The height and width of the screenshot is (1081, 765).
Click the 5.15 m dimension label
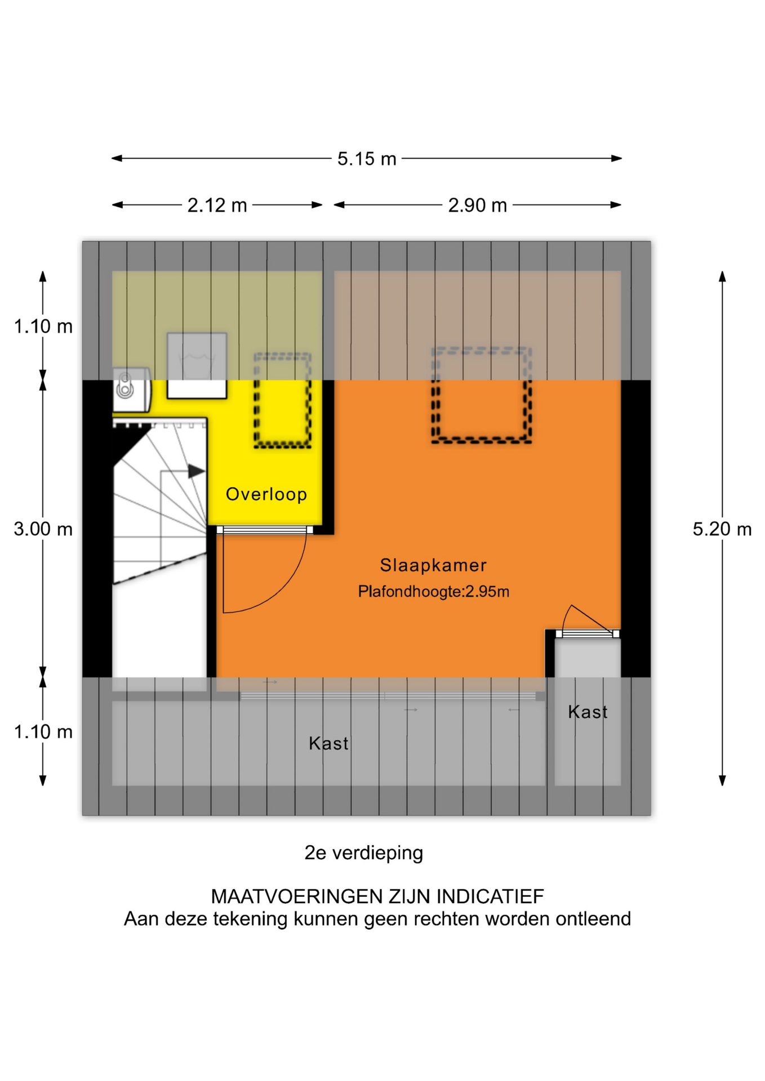click(x=367, y=159)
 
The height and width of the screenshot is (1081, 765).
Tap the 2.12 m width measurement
click(x=217, y=206)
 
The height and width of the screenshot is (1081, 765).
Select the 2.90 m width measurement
click(x=477, y=206)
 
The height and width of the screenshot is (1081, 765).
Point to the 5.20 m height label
click(x=722, y=529)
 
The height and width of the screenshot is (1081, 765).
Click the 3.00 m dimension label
click(x=43, y=529)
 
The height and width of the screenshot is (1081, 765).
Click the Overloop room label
click(x=266, y=494)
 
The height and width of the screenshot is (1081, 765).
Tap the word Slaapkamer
click(x=433, y=565)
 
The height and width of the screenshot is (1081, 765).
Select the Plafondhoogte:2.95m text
click(x=433, y=592)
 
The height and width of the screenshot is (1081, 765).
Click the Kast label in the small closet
click(x=588, y=712)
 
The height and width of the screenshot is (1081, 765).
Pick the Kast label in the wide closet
click(x=328, y=744)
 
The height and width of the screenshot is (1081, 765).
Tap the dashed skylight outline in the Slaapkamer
click(x=481, y=395)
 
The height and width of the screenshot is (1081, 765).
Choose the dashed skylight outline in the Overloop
click(x=282, y=400)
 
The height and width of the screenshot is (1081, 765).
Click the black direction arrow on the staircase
click(x=195, y=471)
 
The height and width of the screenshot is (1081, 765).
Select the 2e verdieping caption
click(x=363, y=853)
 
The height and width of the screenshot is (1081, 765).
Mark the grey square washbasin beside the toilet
click(x=197, y=365)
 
